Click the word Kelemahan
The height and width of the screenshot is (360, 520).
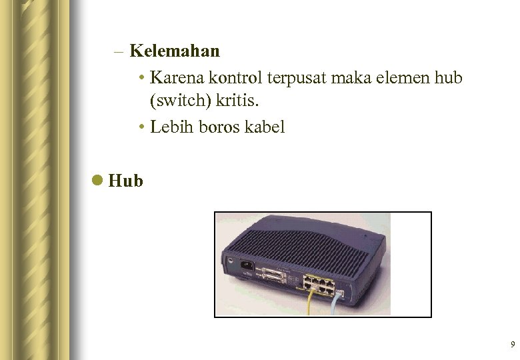[x=175, y=51]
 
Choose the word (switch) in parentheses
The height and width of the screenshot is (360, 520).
[x=179, y=103]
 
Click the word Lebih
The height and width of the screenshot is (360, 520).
[x=171, y=127]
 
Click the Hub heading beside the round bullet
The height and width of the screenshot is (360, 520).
[x=125, y=180]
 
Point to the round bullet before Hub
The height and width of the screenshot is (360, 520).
[x=98, y=180]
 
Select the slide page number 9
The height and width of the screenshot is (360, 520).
[x=512, y=345]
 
